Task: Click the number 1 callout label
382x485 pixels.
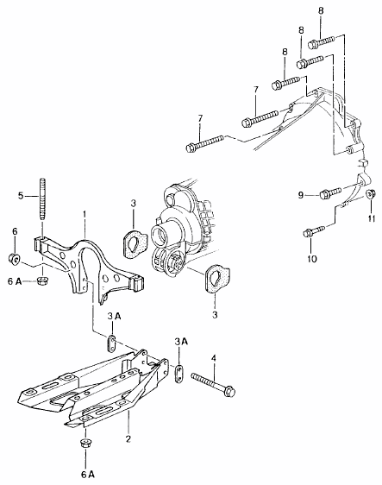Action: tap(84, 214)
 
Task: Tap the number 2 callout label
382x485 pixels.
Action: tap(128, 438)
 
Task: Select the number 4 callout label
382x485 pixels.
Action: tap(213, 358)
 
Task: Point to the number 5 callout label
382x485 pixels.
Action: tap(21, 196)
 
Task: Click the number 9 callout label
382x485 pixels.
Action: tap(301, 195)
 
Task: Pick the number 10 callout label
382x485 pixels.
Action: tap(312, 259)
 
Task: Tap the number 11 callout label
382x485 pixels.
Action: tap(371, 218)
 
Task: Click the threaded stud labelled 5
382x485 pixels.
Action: tap(42, 198)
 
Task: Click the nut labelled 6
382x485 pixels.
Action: tap(14, 258)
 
